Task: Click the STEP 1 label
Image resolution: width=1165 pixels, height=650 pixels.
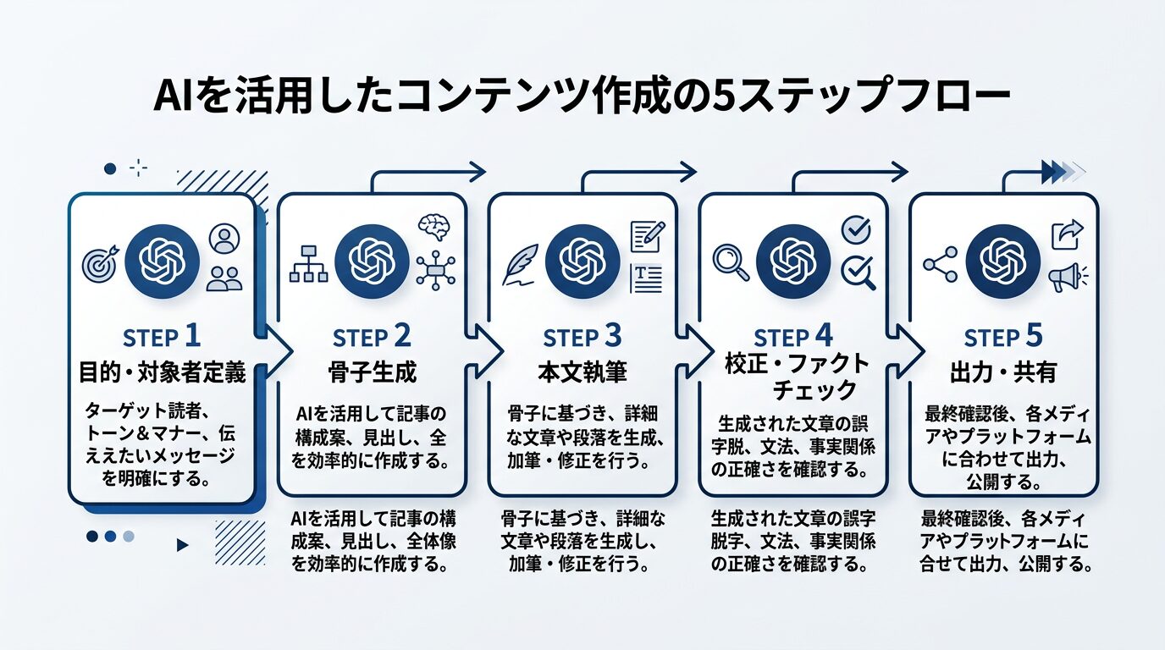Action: pyautogui.click(x=162, y=337)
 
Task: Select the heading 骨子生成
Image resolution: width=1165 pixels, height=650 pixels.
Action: pyautogui.click(x=372, y=372)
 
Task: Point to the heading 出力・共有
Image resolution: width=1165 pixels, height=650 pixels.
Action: pyautogui.click(x=1003, y=372)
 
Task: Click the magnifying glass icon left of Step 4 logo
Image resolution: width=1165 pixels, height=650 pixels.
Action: pyautogui.click(x=730, y=262)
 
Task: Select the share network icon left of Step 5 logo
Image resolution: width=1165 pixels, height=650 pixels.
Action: pyautogui.click(x=940, y=263)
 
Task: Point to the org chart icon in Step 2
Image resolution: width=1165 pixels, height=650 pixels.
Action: pyautogui.click(x=308, y=263)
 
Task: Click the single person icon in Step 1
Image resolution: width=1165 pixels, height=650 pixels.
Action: pyautogui.click(x=224, y=238)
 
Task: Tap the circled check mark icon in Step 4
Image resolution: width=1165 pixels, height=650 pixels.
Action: pyautogui.click(x=856, y=229)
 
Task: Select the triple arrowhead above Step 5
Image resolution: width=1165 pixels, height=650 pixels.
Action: pyautogui.click(x=1062, y=172)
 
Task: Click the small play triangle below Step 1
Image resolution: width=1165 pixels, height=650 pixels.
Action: pyautogui.click(x=181, y=546)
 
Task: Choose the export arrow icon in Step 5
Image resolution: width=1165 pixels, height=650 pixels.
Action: pyautogui.click(x=1068, y=234)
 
